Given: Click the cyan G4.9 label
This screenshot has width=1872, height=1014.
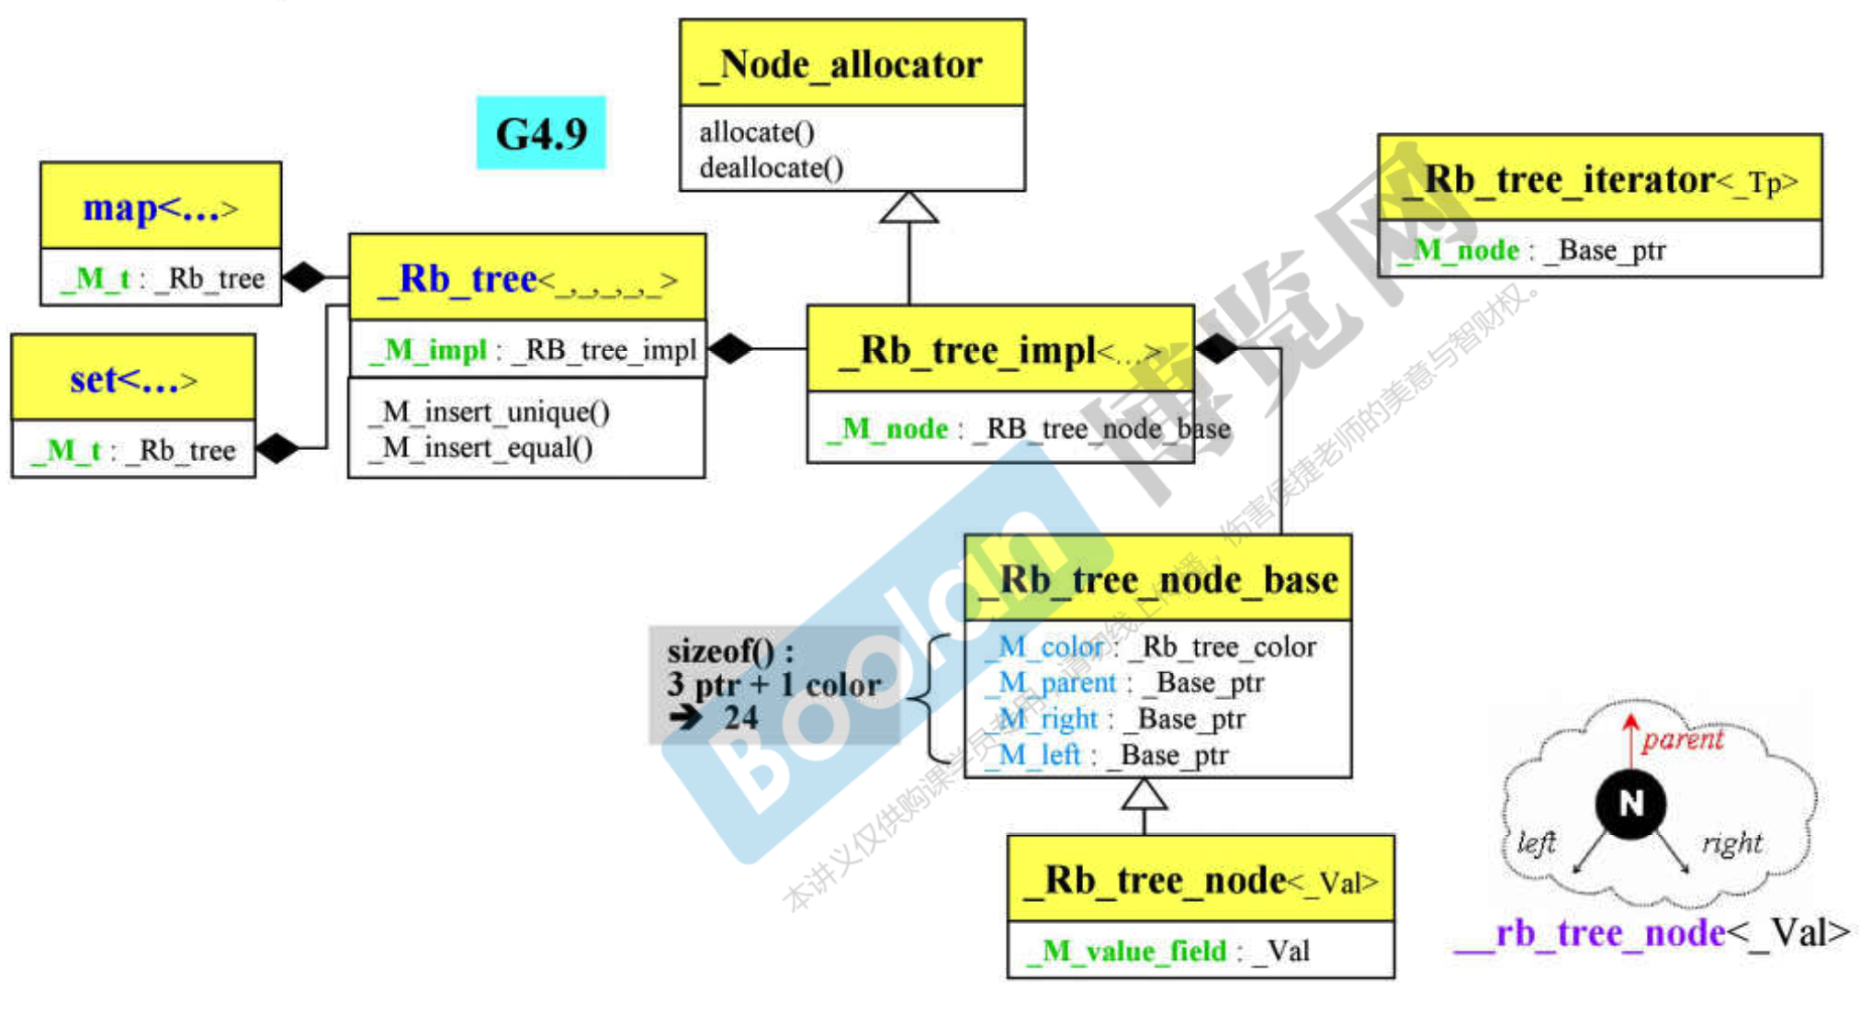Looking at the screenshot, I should click(x=541, y=133).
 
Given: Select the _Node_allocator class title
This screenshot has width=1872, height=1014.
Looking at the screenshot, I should click(x=851, y=64).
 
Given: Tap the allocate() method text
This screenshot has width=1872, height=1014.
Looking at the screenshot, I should click(x=757, y=132).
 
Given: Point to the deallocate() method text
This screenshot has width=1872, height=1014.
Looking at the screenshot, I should click(x=772, y=168).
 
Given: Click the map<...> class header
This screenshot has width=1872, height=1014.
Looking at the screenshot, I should click(x=161, y=208).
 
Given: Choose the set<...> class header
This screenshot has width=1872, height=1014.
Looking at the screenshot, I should click(x=133, y=378).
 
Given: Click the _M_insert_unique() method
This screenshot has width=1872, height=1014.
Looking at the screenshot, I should click(x=490, y=411).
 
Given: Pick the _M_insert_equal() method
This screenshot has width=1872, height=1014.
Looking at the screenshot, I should click(x=480, y=448).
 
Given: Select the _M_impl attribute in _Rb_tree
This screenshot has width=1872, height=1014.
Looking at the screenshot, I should click(x=532, y=350).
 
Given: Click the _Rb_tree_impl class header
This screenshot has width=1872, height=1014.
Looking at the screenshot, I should click(x=1000, y=350).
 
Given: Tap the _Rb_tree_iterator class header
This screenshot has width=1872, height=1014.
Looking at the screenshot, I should click(x=1599, y=180).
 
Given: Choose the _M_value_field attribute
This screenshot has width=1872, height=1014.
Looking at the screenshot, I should click(x=1167, y=951).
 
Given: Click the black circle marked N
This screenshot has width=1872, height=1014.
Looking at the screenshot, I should click(x=1630, y=804).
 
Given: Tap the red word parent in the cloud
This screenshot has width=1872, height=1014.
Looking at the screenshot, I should click(x=1683, y=739).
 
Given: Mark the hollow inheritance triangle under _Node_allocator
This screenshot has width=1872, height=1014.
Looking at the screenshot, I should click(x=908, y=208).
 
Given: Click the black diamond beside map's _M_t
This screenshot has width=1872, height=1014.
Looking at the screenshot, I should click(x=305, y=276).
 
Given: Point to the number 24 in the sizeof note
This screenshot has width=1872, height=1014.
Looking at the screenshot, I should click(x=740, y=717).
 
